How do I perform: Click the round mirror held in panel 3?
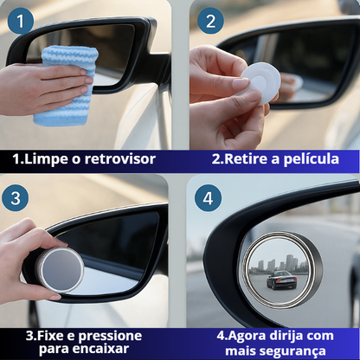point(60,269)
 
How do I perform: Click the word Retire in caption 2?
point(251,160)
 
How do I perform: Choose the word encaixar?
point(105,350)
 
